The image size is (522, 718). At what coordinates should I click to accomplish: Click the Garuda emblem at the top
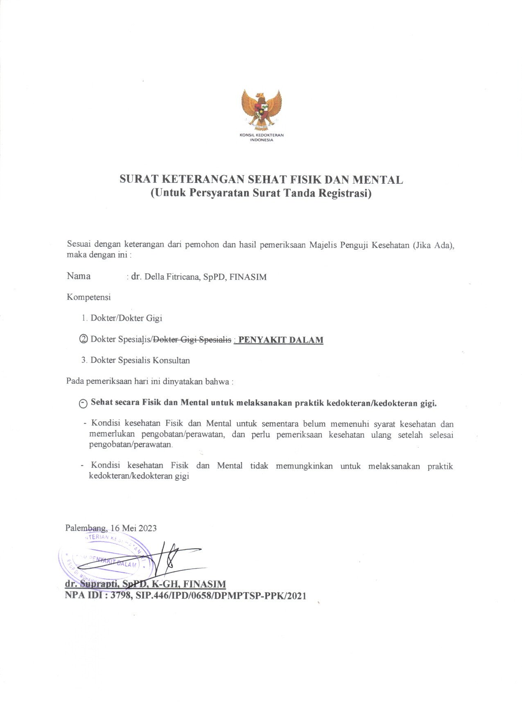(261, 108)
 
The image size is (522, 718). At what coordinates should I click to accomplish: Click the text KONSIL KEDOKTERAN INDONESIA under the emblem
(261, 137)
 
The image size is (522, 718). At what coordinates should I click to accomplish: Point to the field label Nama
(79, 276)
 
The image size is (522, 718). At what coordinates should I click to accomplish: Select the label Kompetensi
(88, 297)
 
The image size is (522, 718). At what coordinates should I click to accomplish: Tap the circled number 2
(84, 339)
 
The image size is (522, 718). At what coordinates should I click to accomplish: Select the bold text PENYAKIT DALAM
(281, 340)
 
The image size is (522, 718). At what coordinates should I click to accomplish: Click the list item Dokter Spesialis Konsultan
(140, 360)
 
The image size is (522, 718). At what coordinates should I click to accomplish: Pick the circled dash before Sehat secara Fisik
(83, 403)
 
